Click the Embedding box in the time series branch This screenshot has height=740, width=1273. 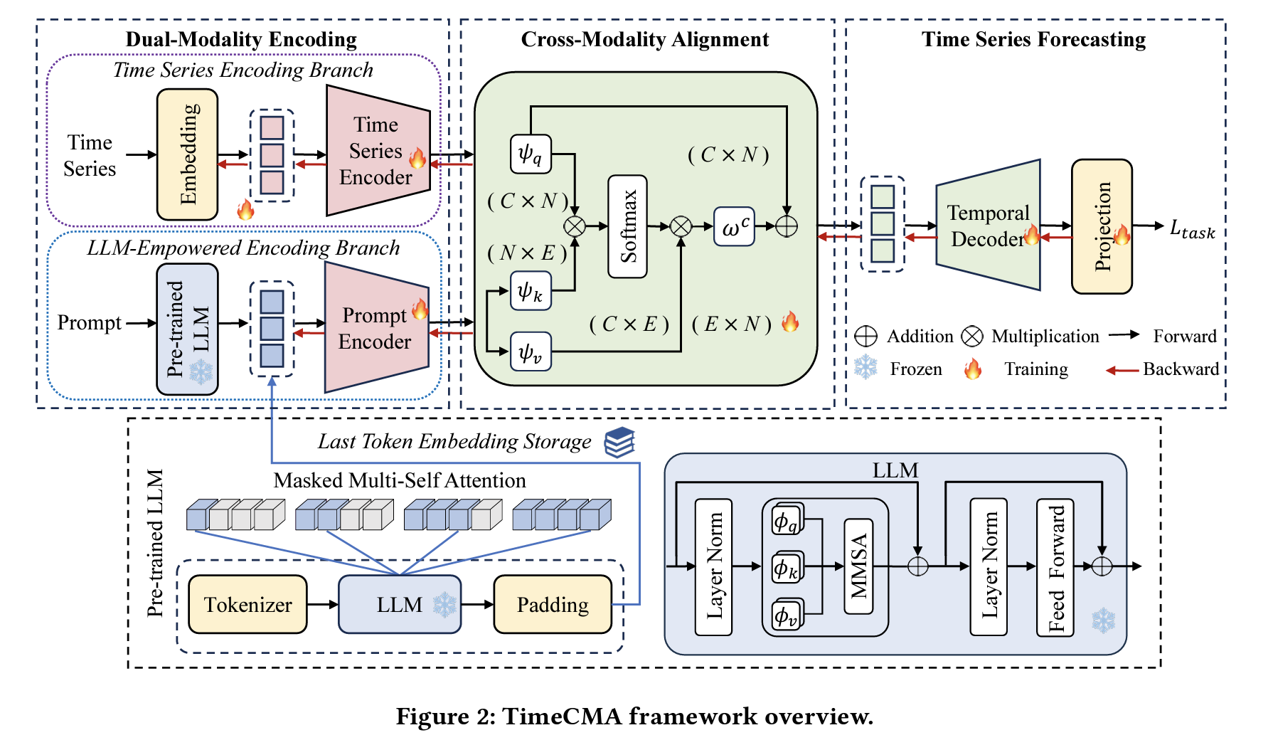(x=187, y=154)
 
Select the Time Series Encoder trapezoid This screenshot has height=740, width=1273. (x=377, y=151)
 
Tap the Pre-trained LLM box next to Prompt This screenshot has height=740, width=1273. (x=187, y=329)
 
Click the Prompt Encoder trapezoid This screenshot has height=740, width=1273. (x=375, y=328)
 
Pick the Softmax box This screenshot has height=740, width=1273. (x=627, y=226)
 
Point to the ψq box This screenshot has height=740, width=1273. (x=531, y=154)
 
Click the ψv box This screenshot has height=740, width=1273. (x=531, y=351)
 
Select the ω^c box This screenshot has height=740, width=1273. (x=734, y=226)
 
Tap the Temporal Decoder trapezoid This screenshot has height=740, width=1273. (x=989, y=226)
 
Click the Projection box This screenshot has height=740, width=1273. (x=1102, y=226)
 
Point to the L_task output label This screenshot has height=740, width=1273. (x=1192, y=228)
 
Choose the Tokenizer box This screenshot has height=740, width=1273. (x=247, y=604)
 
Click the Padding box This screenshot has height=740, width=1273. (x=553, y=604)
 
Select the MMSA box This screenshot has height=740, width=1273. (x=859, y=566)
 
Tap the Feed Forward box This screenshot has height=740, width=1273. (x=1055, y=567)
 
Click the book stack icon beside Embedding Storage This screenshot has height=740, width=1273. (x=619, y=442)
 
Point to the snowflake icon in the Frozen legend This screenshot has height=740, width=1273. (x=865, y=368)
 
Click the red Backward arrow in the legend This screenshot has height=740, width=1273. (x=1122, y=370)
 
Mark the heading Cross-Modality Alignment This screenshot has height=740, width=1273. (x=644, y=39)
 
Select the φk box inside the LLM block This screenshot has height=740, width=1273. (x=786, y=568)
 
